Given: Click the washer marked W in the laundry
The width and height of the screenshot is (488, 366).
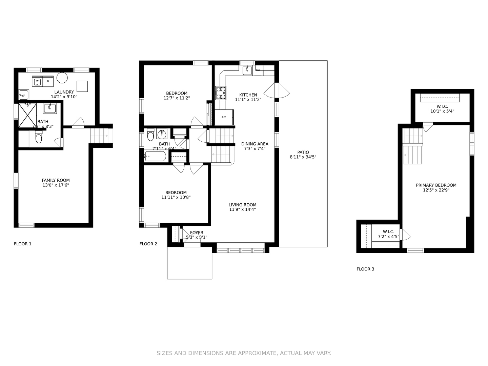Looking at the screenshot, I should [x=37, y=81].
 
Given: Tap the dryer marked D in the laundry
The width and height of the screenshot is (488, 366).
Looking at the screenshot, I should [x=48, y=81].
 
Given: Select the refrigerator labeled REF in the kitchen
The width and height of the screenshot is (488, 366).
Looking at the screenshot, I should [x=224, y=117].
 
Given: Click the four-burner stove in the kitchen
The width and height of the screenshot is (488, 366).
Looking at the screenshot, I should [x=221, y=93].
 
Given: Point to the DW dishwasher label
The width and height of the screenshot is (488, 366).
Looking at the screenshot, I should [x=258, y=70].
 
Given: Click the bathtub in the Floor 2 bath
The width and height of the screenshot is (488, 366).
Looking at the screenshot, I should [x=156, y=156].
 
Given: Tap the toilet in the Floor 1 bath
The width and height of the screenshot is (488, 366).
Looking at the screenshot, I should [x=39, y=138].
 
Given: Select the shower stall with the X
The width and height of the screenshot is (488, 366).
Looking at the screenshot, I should [x=27, y=115].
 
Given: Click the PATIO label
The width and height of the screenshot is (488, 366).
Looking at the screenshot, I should [x=303, y=152].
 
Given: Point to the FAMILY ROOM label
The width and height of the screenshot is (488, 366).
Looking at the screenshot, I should [x=56, y=180].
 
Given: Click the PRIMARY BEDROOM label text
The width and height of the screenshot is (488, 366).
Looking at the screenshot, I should [x=436, y=185].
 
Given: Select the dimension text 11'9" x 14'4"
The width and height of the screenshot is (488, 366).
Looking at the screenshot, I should [x=242, y=209].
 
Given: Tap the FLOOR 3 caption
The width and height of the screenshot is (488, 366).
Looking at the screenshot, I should [x=365, y=269].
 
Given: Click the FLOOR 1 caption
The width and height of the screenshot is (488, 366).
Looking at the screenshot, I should [x=23, y=244].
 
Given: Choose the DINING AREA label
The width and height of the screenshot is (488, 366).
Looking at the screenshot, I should [x=255, y=144].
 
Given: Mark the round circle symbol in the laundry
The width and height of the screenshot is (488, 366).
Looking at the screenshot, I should [x=62, y=78].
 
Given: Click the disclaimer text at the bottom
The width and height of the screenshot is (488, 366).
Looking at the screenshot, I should [x=244, y=353].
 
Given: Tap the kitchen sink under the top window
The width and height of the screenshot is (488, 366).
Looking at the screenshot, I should [x=247, y=70].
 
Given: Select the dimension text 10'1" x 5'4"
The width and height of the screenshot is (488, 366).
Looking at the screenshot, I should [x=442, y=111].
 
